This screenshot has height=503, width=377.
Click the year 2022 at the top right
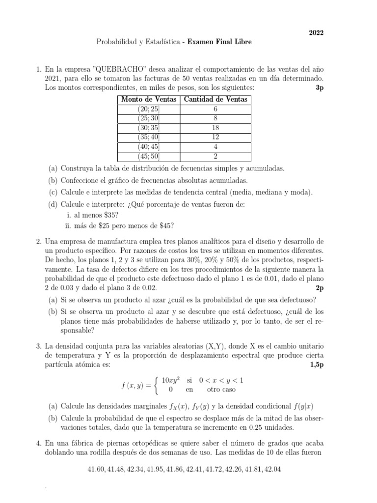(316, 33)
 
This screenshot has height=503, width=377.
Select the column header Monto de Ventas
(148, 100)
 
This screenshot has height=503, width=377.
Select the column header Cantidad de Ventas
(215, 100)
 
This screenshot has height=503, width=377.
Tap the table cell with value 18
(215, 128)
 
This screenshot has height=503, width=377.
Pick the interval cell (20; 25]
(149, 109)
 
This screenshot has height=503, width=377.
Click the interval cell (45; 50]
(149, 156)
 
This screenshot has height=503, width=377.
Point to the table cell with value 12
(215, 137)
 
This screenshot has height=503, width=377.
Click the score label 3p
(320, 88)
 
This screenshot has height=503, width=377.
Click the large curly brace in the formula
(157, 385)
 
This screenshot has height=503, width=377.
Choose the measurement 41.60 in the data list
(96, 470)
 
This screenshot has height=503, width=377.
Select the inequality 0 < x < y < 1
(221, 380)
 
